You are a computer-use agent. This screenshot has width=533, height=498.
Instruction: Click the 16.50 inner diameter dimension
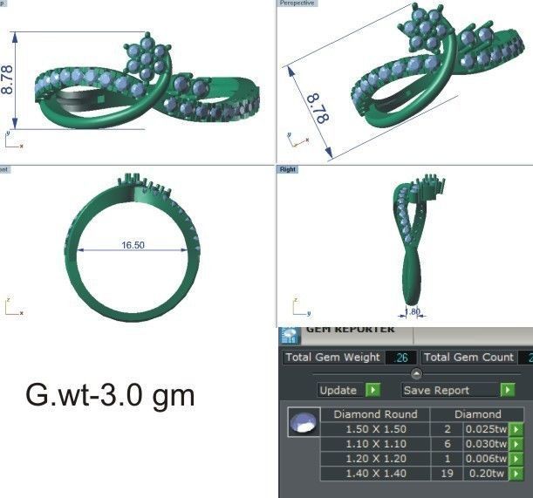pyautogui.click(x=133, y=246)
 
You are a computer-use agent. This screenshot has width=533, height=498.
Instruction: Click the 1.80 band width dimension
pyautogui.click(x=413, y=311)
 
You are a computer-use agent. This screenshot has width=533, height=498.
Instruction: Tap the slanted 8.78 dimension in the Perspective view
pyautogui.click(x=316, y=107)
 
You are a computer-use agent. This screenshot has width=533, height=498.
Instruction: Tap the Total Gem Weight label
pyautogui.click(x=333, y=358)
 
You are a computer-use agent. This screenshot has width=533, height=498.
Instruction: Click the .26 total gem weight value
pyautogui.click(x=401, y=358)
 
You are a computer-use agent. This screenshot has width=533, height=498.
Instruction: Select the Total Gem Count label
pyautogui.click(x=468, y=358)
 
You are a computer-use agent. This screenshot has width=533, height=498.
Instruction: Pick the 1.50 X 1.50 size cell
pyautogui.click(x=376, y=429)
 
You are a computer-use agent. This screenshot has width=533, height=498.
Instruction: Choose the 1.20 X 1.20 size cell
pyautogui.click(x=376, y=459)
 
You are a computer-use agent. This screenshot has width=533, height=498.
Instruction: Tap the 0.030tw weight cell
pyautogui.click(x=485, y=444)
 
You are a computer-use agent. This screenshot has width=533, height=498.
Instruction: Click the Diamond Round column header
pyautogui.click(x=376, y=414)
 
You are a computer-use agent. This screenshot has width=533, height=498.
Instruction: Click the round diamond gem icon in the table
pyautogui.click(x=302, y=423)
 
